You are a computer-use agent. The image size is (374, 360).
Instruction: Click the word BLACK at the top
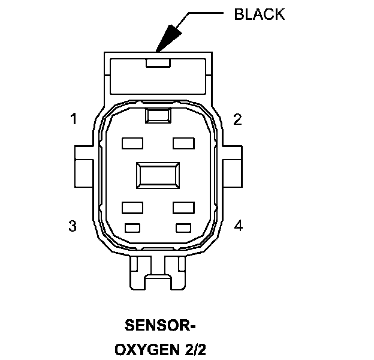(x=259, y=14)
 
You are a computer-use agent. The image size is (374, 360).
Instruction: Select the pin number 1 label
(x=73, y=119)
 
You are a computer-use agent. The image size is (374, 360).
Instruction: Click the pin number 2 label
(x=238, y=119)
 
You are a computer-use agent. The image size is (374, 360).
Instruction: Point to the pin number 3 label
(x=73, y=226)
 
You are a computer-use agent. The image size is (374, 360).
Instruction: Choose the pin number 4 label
(x=239, y=226)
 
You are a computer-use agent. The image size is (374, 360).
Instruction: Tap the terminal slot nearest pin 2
(x=183, y=143)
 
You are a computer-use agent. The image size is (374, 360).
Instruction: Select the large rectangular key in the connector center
(x=158, y=176)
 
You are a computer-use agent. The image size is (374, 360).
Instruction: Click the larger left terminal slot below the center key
(x=131, y=207)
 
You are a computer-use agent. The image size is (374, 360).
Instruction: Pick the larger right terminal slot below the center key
(x=183, y=207)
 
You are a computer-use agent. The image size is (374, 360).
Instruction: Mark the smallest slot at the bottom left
(x=132, y=227)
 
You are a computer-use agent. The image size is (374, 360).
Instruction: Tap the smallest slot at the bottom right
(x=183, y=227)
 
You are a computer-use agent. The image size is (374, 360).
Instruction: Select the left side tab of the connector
(x=83, y=166)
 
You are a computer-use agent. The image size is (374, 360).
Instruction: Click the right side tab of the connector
(x=232, y=166)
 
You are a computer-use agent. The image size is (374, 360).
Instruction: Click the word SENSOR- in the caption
(x=160, y=326)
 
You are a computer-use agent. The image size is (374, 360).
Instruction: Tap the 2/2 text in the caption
(x=194, y=349)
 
